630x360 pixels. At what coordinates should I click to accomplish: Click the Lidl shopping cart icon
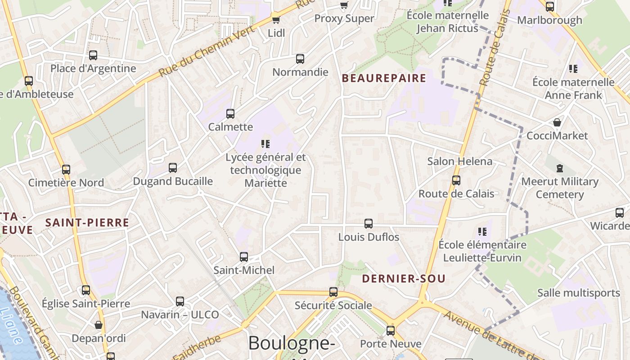coord(276,20)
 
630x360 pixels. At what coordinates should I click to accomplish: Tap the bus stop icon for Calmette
coord(230,114)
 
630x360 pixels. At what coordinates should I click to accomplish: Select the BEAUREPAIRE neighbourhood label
coord(384,78)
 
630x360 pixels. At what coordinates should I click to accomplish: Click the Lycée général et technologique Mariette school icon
coord(265,144)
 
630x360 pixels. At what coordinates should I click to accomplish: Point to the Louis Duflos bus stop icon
coord(369,224)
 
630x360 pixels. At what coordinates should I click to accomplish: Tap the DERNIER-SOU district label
coord(404,279)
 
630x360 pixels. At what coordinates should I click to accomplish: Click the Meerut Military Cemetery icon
coord(560,168)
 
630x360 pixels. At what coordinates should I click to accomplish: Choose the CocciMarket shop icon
coord(557,122)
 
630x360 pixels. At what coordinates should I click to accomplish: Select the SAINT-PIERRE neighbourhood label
coord(87,222)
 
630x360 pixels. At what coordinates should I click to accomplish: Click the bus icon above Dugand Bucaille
coord(173,168)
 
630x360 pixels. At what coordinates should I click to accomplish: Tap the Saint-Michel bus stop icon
coord(244,257)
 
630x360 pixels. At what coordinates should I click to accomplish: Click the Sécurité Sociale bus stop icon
coord(333,292)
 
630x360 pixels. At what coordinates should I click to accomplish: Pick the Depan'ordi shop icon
coord(99,325)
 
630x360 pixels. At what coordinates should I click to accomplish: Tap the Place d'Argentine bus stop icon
coord(93,55)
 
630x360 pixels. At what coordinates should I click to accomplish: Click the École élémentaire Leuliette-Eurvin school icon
coord(482,232)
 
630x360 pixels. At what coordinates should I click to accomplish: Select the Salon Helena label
coord(459,161)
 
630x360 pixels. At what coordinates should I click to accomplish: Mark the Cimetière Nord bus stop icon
coord(66,170)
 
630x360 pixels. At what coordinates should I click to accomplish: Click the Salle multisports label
coord(578,293)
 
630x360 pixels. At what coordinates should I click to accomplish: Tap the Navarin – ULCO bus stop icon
coord(180,301)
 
